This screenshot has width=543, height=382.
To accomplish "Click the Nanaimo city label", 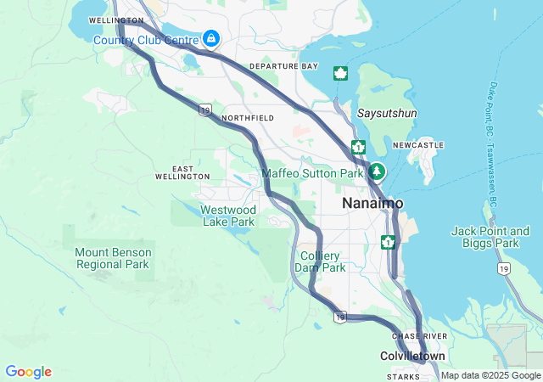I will click(372, 205).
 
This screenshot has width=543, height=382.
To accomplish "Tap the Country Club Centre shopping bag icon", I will click(210, 38).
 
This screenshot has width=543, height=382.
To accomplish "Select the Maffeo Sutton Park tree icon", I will click(377, 171).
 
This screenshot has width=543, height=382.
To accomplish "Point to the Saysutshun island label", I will click(387, 113).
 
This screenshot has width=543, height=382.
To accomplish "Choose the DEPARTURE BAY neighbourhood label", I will click(283, 66).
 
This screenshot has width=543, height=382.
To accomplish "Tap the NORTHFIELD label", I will click(247, 118).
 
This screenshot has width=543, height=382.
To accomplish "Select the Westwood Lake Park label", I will click(228, 216).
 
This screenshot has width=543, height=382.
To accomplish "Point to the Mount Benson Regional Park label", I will click(114, 258).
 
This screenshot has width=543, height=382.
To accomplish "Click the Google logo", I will click(28, 372).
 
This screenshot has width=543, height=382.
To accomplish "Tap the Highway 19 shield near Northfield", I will click(205, 109).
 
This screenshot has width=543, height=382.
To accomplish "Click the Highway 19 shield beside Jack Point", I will click(503, 268).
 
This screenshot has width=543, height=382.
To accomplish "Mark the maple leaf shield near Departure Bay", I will click(341, 73).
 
